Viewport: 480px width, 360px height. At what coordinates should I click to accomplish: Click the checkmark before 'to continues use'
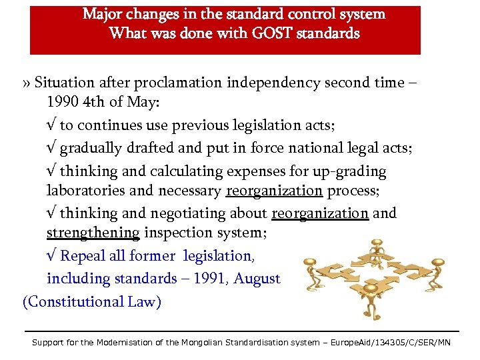point(51,126)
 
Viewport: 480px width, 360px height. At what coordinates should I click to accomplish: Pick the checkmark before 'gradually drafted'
point(51,148)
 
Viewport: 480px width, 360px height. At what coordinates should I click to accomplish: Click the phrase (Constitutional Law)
point(92,301)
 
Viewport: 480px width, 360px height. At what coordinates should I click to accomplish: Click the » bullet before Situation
point(26,83)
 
